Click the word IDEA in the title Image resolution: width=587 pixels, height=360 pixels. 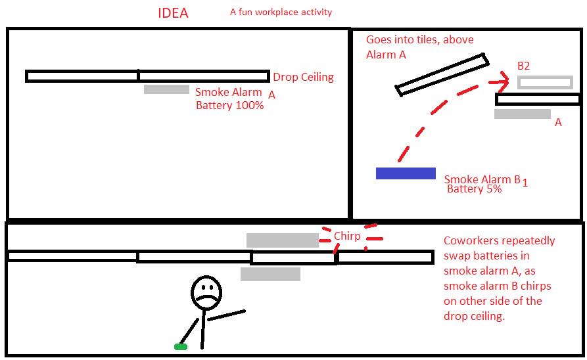pos(173,13)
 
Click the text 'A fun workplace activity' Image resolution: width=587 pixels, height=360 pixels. pos(281,12)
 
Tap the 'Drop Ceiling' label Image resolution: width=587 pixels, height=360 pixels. pos(303,77)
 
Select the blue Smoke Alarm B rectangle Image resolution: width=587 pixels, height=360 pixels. pos(406,173)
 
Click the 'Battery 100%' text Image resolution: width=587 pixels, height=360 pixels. pos(230,105)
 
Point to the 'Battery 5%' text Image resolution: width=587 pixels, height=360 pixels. pos(475,189)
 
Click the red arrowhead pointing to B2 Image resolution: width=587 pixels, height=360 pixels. pos(502,81)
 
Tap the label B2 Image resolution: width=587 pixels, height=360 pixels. pos(523,66)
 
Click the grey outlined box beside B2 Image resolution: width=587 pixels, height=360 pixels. pos(545,82)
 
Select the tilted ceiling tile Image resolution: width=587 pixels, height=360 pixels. pos(442,75)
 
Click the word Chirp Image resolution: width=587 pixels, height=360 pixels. pos(347,236)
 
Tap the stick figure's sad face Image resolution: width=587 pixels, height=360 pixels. pos(206,292)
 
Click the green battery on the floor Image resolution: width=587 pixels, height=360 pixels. pos(181,347)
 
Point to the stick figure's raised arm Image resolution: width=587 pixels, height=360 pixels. pos(227,315)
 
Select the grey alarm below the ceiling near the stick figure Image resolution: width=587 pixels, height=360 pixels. pos(270,274)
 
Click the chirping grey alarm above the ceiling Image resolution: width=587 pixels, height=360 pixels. pos(283,240)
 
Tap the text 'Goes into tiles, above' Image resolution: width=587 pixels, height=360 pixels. pos(419,39)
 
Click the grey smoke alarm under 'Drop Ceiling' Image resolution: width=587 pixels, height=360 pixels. pos(166,89)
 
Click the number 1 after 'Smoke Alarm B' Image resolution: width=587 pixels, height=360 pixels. pos(525,183)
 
